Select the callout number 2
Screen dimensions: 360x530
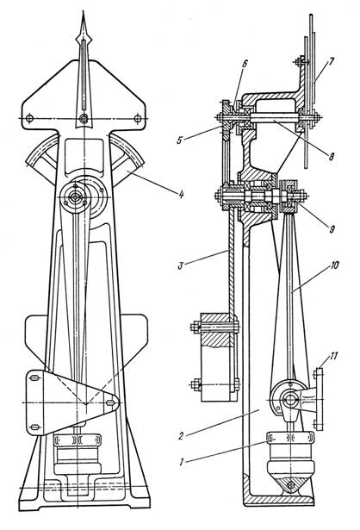click(x=182, y=436)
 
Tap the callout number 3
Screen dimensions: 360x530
click(x=180, y=265)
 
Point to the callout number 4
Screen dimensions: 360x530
click(x=181, y=195)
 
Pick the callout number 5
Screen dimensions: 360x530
click(x=180, y=140)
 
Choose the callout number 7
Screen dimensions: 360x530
click(x=332, y=62)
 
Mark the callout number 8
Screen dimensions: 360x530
click(x=331, y=156)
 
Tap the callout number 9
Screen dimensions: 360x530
click(x=332, y=229)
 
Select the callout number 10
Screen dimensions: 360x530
click(x=334, y=265)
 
